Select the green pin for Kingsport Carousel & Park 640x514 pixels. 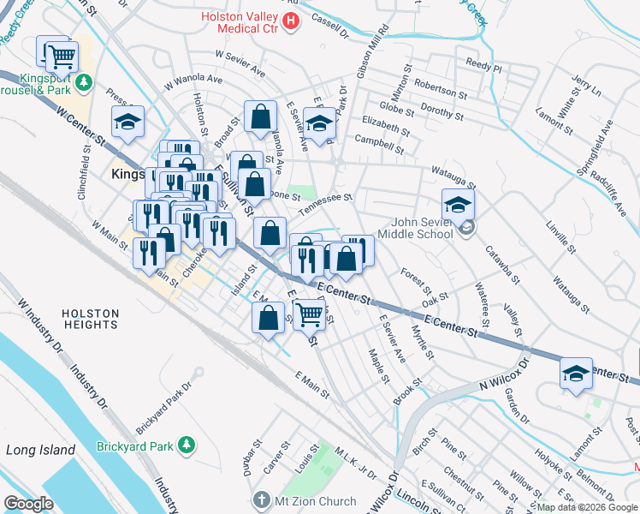[84, 82]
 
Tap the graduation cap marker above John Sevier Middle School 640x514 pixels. [458, 205]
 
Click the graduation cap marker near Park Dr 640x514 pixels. [320, 123]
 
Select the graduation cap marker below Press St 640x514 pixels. [127, 122]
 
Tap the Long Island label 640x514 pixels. [34, 450]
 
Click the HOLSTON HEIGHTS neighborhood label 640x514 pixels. [90, 319]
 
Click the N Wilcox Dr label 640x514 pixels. [504, 374]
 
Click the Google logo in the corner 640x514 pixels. [29, 503]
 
